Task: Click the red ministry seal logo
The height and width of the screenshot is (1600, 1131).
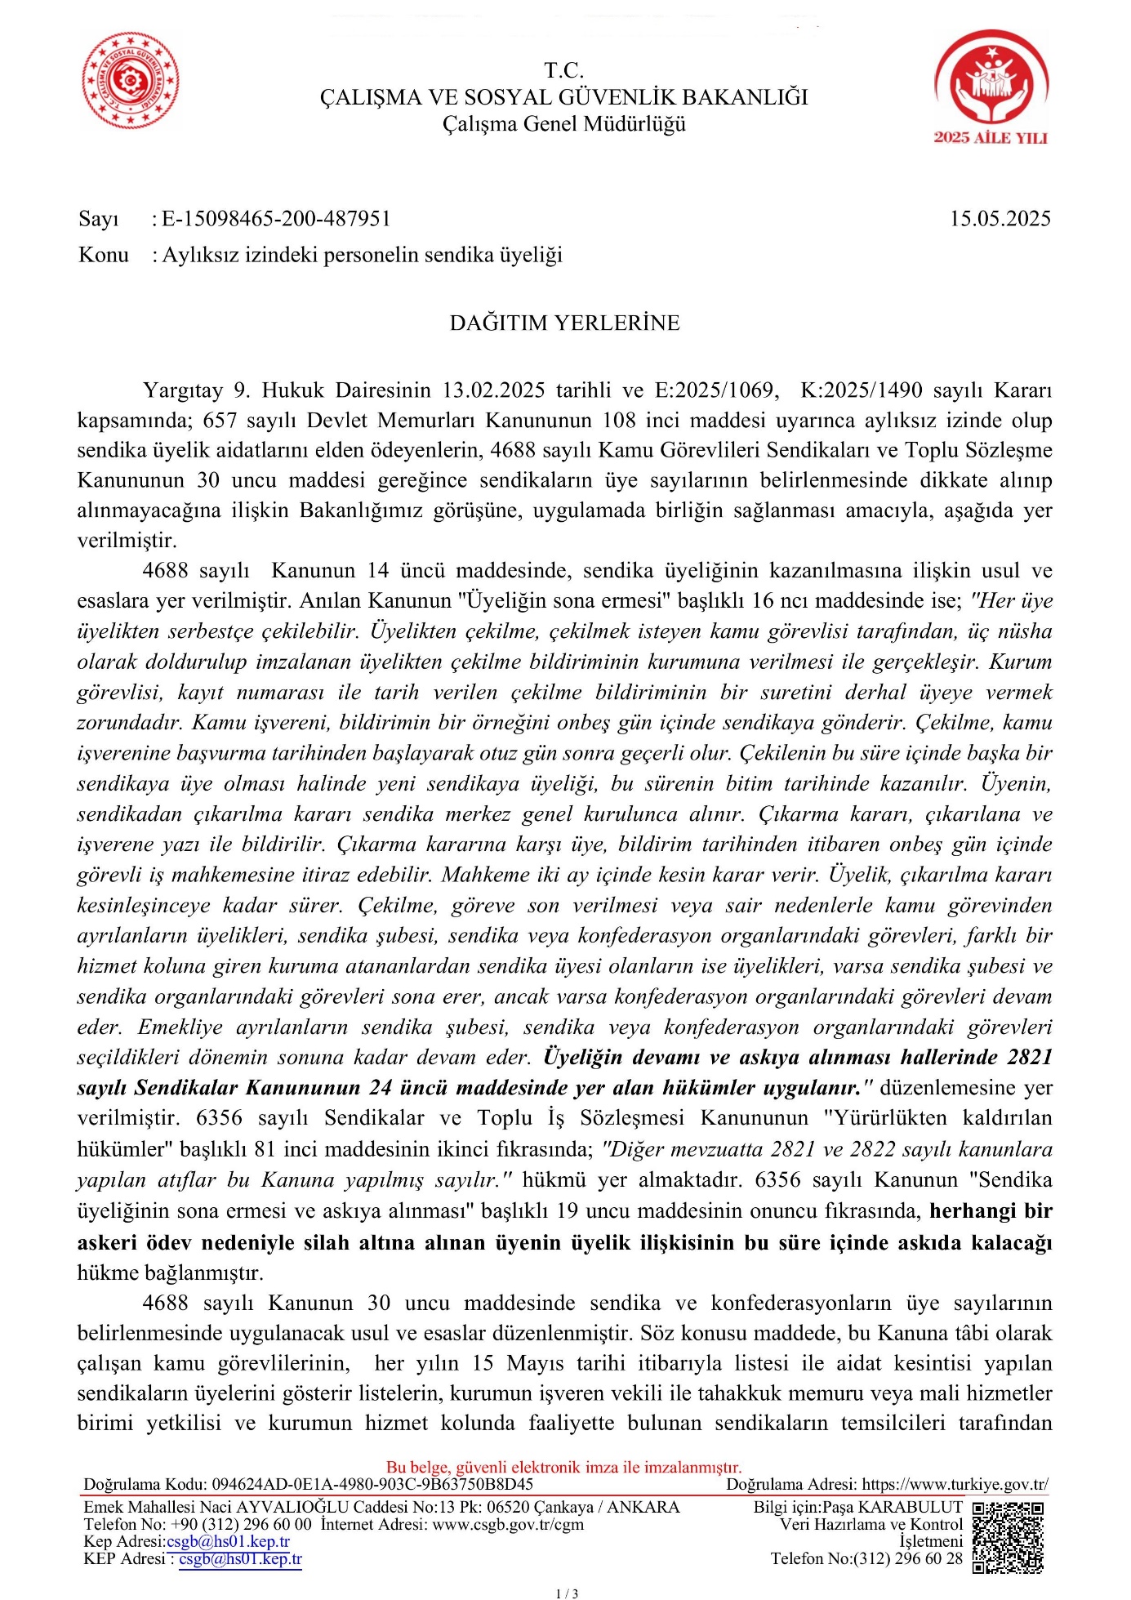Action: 131,81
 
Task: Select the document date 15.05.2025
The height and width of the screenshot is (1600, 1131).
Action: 1000,219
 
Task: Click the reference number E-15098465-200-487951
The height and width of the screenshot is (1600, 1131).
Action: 276,219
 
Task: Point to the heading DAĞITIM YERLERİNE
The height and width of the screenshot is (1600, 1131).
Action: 564,323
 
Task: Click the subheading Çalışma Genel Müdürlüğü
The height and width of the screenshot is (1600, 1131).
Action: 564,124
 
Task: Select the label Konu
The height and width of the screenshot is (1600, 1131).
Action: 104,255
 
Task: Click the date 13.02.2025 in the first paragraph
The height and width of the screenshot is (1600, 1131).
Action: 493,390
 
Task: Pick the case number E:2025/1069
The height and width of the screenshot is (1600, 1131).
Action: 715,390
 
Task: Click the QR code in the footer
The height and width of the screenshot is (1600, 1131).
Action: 1009,1538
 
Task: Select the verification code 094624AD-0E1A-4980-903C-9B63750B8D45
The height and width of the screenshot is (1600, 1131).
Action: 372,1484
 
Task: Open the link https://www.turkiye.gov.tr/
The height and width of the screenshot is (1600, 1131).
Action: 955,1484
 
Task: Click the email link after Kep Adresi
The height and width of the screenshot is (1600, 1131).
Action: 228,1541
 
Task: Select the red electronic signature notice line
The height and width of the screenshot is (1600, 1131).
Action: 563,1467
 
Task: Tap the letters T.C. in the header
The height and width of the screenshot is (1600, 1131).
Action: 563,70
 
